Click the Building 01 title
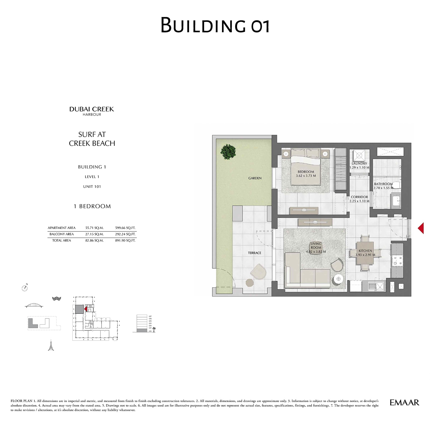(215, 25)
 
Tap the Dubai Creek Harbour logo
(92, 111)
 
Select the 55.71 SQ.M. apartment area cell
(94, 228)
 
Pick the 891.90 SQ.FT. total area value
(125, 241)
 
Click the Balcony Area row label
(62, 234)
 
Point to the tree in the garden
(228, 152)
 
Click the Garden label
(255, 178)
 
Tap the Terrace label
(255, 253)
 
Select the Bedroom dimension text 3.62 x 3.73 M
(306, 176)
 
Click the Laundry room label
(359, 163)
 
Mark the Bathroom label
(383, 184)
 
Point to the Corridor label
(359, 197)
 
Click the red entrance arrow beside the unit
(421, 228)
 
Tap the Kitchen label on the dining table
(365, 251)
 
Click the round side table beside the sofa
(338, 279)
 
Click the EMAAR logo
(404, 403)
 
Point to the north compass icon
(25, 288)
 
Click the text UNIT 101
(92, 187)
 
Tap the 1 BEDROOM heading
(92, 206)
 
